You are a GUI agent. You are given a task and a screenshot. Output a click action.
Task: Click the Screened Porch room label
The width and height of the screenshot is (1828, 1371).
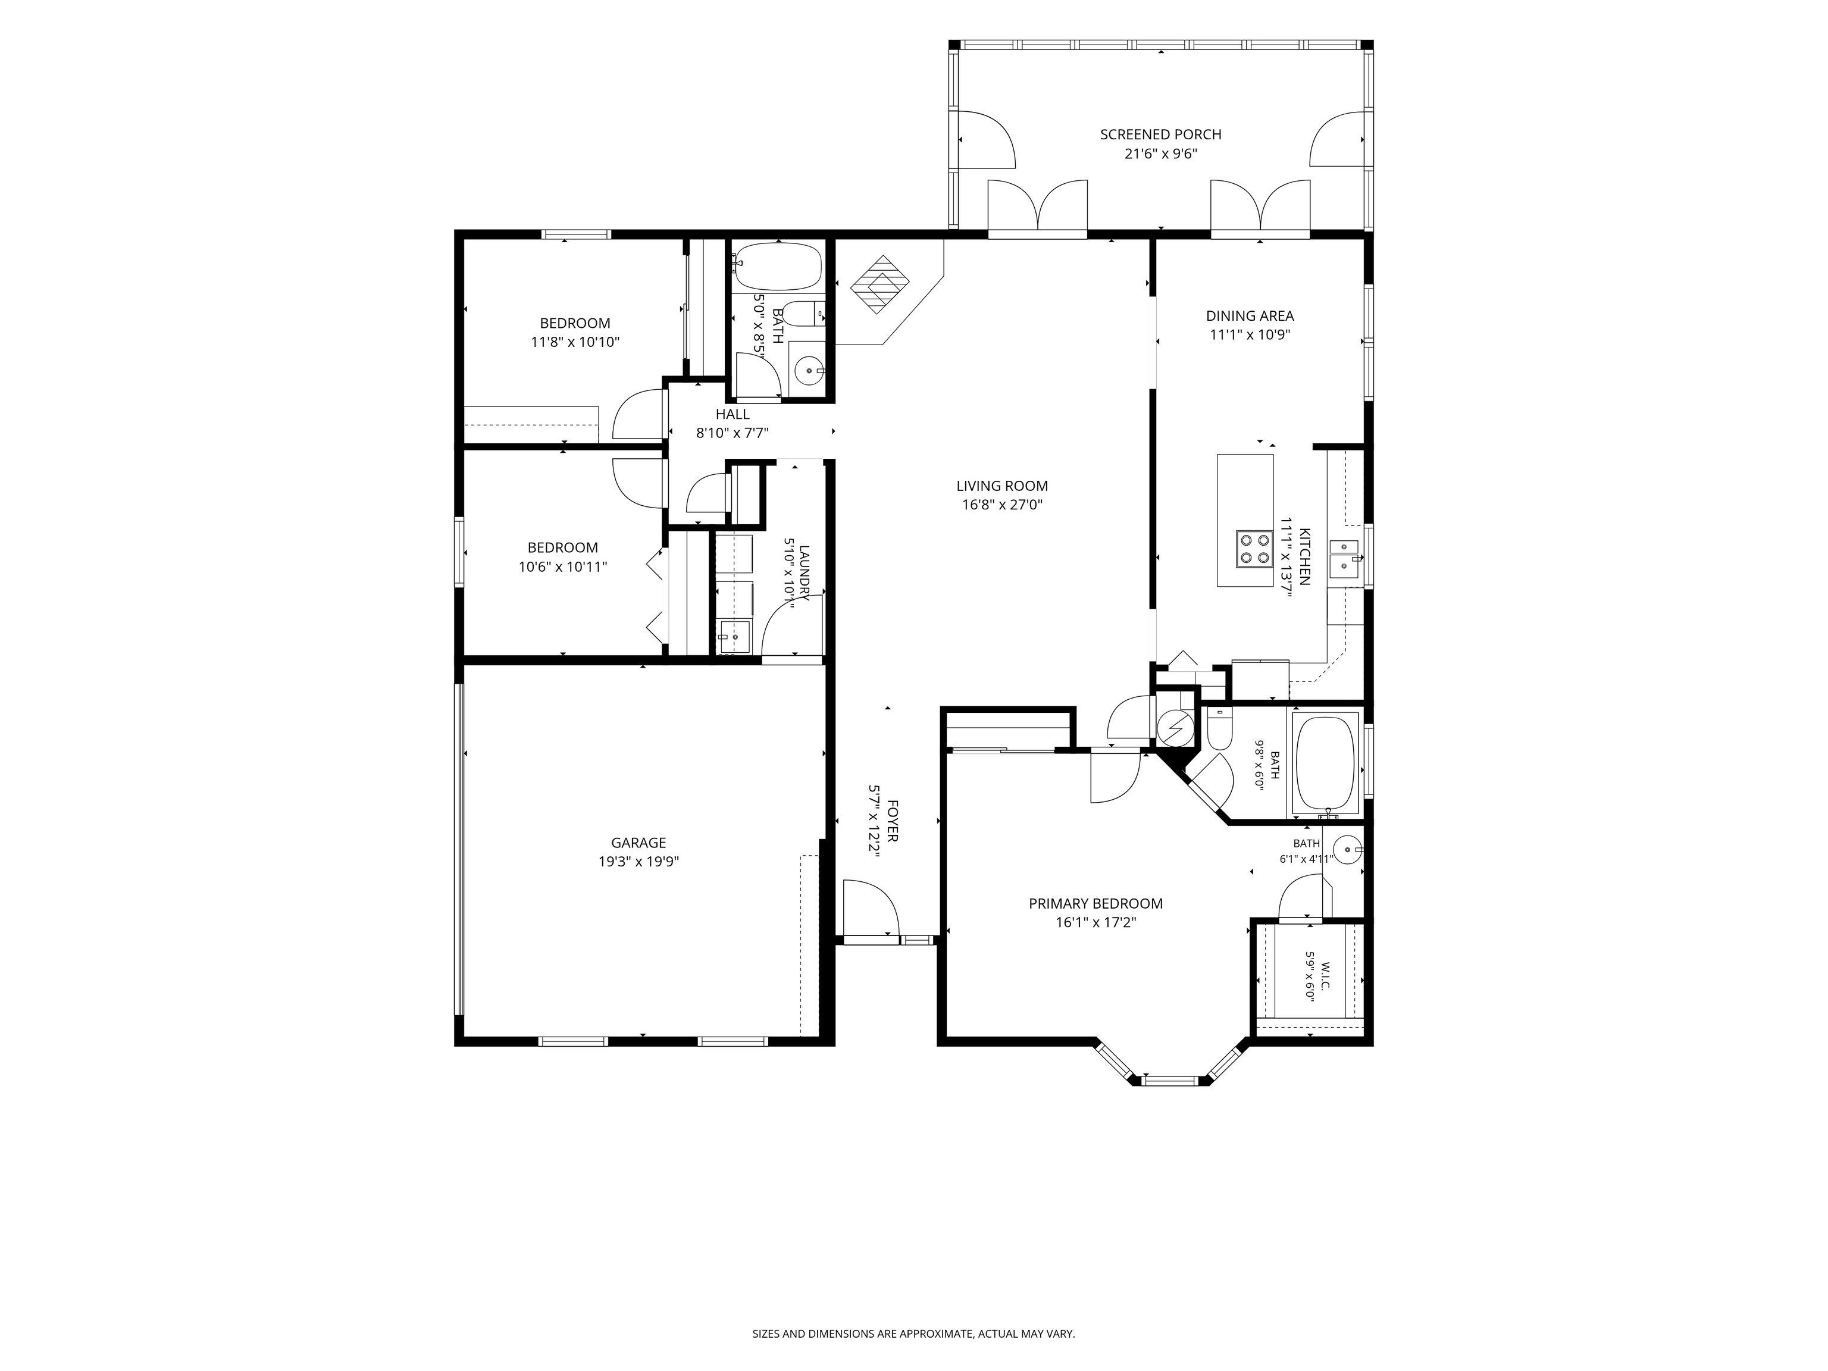[x=1160, y=134]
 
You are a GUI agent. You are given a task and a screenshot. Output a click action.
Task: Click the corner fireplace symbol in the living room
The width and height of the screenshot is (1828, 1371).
[x=880, y=283]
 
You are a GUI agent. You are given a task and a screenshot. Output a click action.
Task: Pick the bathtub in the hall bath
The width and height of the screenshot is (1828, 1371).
[x=777, y=266]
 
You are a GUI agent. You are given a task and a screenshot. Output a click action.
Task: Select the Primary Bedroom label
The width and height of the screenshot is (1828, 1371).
[x=1096, y=904]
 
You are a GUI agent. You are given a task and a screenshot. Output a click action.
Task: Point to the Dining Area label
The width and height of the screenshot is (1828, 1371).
[x=1250, y=316]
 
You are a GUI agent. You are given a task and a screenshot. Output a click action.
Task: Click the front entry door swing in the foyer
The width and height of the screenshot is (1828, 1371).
[x=870, y=907]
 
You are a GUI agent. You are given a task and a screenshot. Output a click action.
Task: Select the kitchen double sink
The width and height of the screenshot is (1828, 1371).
[x=1345, y=556]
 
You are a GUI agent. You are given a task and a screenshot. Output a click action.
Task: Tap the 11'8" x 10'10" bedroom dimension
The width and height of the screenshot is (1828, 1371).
[x=575, y=342]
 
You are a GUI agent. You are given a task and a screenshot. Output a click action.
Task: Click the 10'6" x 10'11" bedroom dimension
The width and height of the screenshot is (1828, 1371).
[x=563, y=567]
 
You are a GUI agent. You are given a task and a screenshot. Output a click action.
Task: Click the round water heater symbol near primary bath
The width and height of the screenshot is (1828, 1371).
[x=1173, y=727]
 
